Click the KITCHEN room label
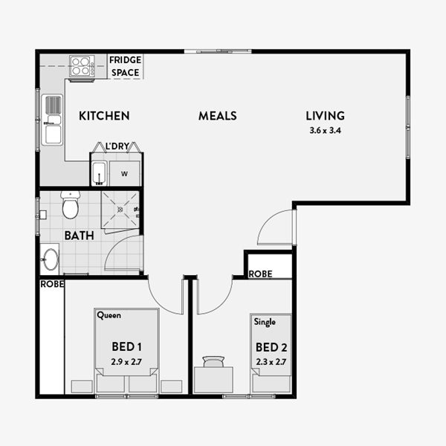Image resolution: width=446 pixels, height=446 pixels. point(104,116)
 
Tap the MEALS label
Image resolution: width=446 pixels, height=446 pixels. point(218,116)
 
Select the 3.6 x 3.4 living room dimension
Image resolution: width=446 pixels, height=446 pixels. point(325,131)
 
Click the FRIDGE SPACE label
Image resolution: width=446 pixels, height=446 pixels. point(125,66)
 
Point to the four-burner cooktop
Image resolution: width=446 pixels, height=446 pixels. point(82,66)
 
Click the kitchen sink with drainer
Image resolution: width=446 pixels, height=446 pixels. point(52,120)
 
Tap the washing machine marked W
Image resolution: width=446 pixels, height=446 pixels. point(125,173)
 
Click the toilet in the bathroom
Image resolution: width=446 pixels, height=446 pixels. point(71,205)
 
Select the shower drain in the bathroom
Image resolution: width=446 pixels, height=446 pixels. point(120,210)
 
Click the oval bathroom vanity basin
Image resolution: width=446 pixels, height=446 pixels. point(50,259)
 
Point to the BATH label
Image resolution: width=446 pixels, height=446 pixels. point(79,236)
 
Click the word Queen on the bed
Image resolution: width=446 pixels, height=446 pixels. point(109,315)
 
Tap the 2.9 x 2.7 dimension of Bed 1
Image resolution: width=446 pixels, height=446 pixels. point(126,362)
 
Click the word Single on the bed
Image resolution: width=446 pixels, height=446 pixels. point(265,322)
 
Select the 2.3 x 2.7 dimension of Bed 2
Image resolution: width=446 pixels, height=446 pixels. point(271,362)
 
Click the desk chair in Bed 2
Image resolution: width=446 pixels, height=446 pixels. point(213,361)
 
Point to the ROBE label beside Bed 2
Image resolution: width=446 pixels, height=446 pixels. point(260,274)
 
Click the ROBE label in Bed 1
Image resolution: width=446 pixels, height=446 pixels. point(52,284)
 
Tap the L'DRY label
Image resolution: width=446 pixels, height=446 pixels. point(117,146)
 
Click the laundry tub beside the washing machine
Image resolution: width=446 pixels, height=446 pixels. point(100,173)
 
